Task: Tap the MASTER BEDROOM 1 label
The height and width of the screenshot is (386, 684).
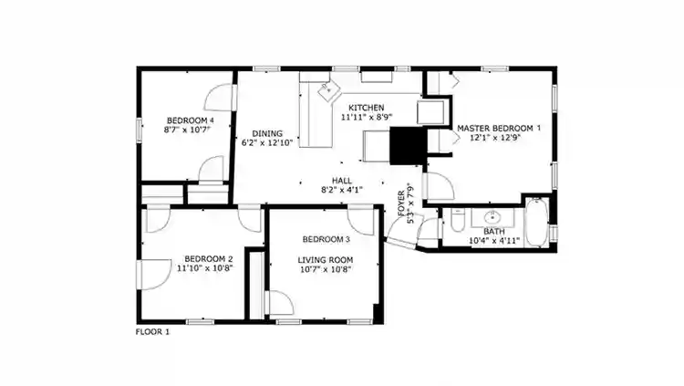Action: (498, 129)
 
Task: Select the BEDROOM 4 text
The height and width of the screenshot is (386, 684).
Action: (190, 120)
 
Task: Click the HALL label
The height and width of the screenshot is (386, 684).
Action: (342, 181)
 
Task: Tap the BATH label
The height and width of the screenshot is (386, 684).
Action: (493, 231)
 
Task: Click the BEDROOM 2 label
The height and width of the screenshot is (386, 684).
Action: (209, 258)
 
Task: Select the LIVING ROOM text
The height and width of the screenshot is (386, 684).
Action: (325, 259)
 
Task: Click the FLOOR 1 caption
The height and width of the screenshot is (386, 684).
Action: (152, 332)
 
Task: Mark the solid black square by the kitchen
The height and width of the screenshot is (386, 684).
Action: (408, 145)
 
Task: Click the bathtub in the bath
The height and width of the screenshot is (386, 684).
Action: (536, 224)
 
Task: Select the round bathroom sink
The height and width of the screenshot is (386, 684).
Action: (493, 217)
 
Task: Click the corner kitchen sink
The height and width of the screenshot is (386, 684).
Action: (327, 89)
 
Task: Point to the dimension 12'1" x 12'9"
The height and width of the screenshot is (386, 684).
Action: (498, 140)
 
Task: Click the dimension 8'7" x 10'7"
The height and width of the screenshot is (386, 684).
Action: (190, 130)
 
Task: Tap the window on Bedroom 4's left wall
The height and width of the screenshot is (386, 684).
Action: (139, 130)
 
